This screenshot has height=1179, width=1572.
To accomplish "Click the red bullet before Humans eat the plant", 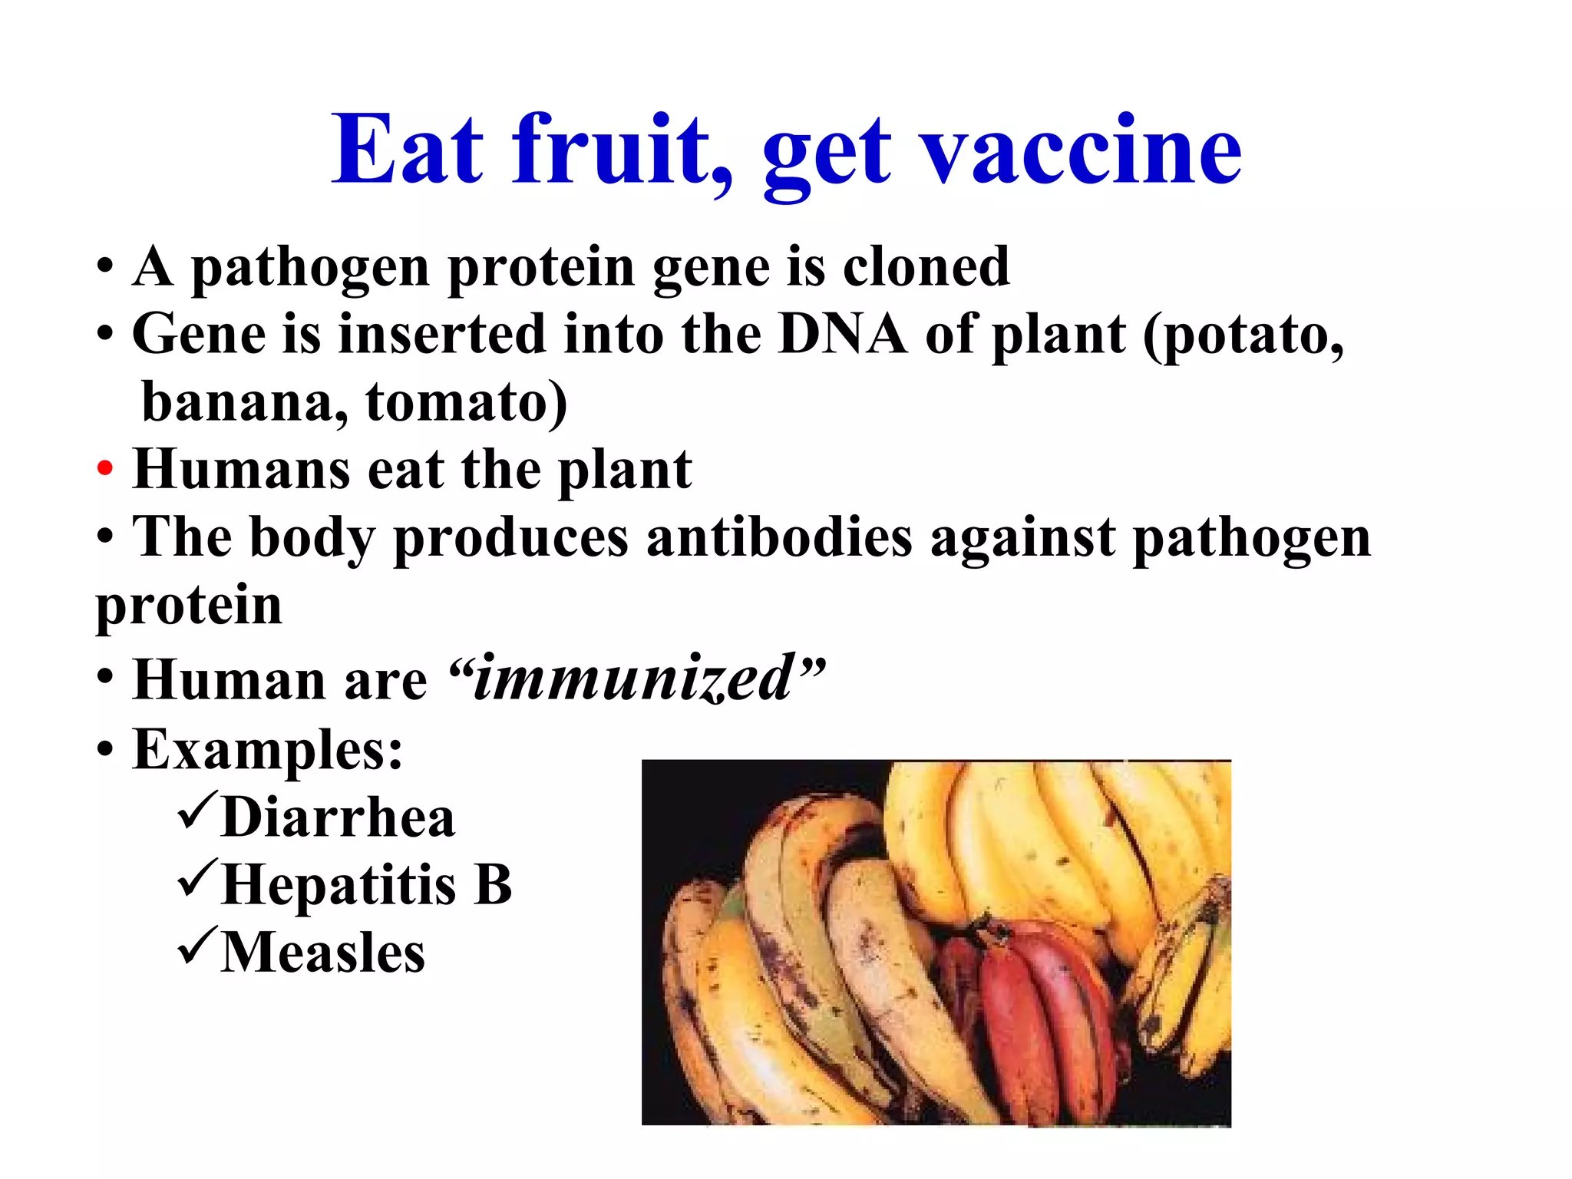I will tap(105, 467).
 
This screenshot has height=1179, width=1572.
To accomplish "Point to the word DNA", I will tap(842, 335).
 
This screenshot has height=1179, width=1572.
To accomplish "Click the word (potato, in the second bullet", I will tap(1243, 336).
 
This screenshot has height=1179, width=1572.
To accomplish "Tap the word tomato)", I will tap(466, 402).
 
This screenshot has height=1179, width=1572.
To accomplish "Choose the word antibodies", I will tap(779, 537).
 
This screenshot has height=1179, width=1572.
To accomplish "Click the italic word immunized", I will tap(634, 679).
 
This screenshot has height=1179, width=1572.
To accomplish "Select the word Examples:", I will tap(267, 749).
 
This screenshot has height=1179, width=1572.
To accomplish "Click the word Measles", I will tap(322, 953).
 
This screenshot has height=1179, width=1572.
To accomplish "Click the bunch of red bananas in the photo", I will tap(1029, 1021).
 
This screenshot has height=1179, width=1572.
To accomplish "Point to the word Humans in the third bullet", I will tap(241, 469).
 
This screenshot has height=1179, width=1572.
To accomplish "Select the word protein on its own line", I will tap(189, 606).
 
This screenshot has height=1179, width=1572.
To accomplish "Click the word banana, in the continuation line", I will tap(244, 402).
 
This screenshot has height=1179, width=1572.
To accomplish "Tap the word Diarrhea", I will tap(338, 817).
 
